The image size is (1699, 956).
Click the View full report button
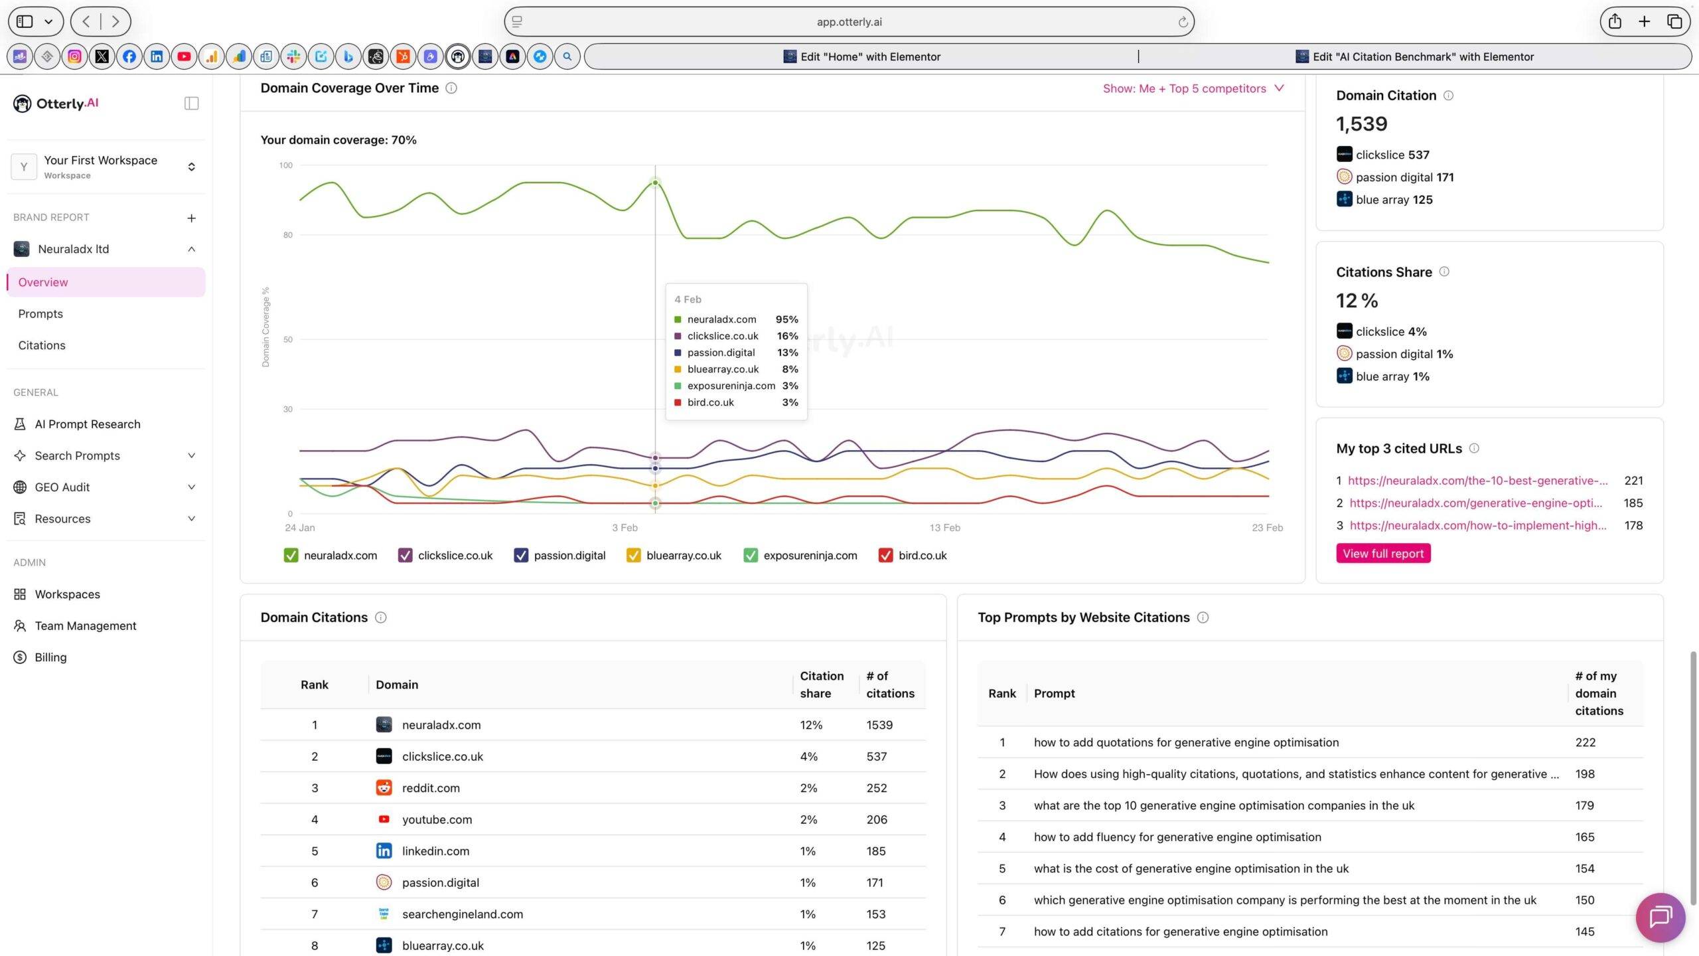[x=1383, y=553]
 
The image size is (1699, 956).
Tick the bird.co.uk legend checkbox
[x=885, y=555]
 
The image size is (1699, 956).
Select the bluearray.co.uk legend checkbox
[x=633, y=555]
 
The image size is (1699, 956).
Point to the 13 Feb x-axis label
[x=944, y=527]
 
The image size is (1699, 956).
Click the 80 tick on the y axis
[x=287, y=234]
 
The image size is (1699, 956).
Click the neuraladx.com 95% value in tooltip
[x=786, y=319]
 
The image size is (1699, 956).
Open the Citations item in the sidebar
[x=42, y=345]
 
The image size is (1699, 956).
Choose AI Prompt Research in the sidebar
[x=88, y=424]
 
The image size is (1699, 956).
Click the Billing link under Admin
[x=50, y=657]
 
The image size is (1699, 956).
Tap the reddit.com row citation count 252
[x=876, y=788]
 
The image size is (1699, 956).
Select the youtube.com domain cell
[x=437, y=819]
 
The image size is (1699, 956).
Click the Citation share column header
[x=822, y=684]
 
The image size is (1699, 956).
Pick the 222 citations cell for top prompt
[x=1585, y=742]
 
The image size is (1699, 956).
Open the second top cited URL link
[x=1475, y=503]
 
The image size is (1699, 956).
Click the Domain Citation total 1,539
[x=1361, y=123]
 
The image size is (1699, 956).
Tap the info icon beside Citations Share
[x=1444, y=272]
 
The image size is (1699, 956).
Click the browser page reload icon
[x=1183, y=22]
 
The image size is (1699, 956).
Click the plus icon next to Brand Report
[x=191, y=218]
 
